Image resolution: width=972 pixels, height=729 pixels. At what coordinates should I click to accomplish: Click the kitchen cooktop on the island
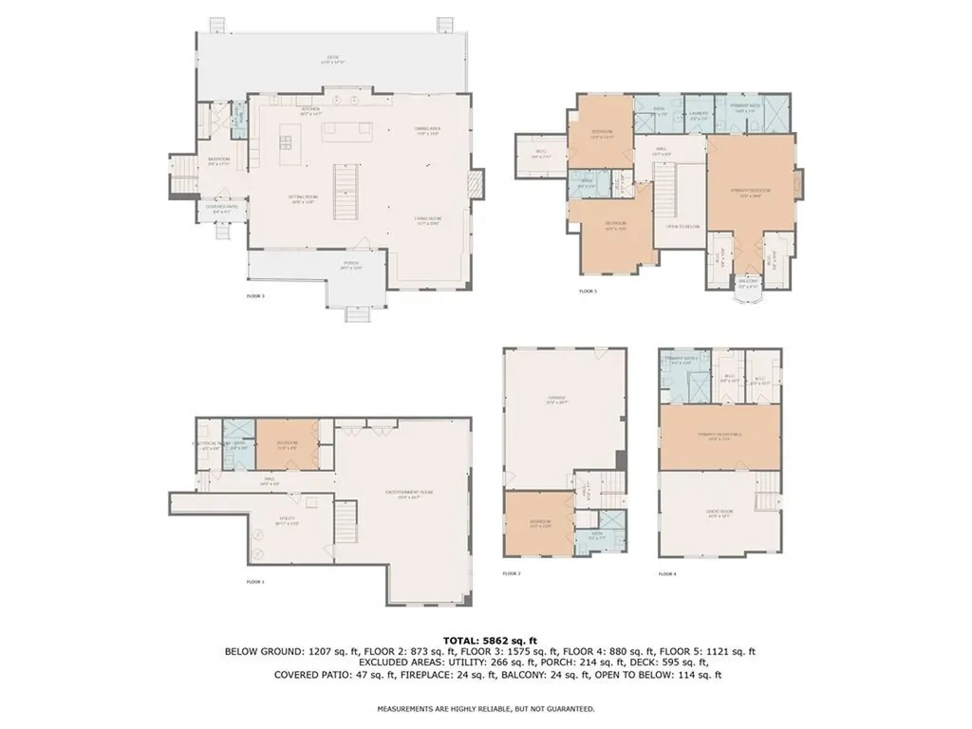(286, 144)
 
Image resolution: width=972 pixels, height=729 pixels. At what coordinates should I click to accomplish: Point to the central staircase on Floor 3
(347, 190)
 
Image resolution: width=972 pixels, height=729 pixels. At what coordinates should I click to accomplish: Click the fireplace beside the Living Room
(477, 185)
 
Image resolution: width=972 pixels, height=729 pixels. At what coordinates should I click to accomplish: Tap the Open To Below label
(682, 226)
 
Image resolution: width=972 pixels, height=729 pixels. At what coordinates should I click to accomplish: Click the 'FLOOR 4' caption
(667, 573)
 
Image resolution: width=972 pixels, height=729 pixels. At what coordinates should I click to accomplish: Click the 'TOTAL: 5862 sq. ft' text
(485, 641)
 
